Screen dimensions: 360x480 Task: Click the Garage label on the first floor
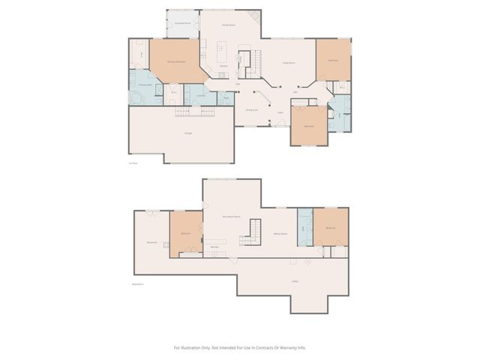coord(188,133)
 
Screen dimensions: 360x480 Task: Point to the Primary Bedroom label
coord(176,61)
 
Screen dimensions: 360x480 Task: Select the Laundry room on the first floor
coord(201,96)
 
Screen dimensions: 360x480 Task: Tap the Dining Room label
coord(252,109)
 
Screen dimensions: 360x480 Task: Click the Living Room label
coord(288,63)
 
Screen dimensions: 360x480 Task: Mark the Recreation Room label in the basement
coord(231,216)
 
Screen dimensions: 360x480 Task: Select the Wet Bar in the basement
coord(214,247)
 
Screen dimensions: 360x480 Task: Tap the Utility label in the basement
coord(295,281)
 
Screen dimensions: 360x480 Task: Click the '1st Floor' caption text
coord(133,162)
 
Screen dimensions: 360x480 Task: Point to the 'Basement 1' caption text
coord(137,284)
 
